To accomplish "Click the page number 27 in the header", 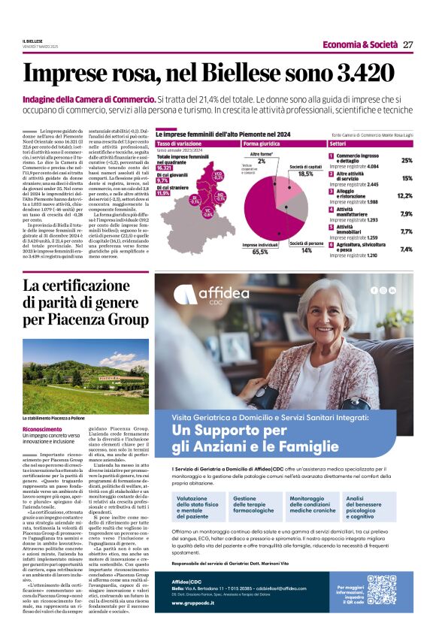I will [407, 44].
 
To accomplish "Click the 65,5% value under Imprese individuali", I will [260, 252].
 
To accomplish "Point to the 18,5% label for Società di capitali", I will [305, 174].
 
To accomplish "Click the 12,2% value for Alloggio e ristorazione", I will [404, 195].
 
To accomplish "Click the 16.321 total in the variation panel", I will [163, 168].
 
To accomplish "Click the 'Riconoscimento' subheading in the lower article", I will [43, 429].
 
